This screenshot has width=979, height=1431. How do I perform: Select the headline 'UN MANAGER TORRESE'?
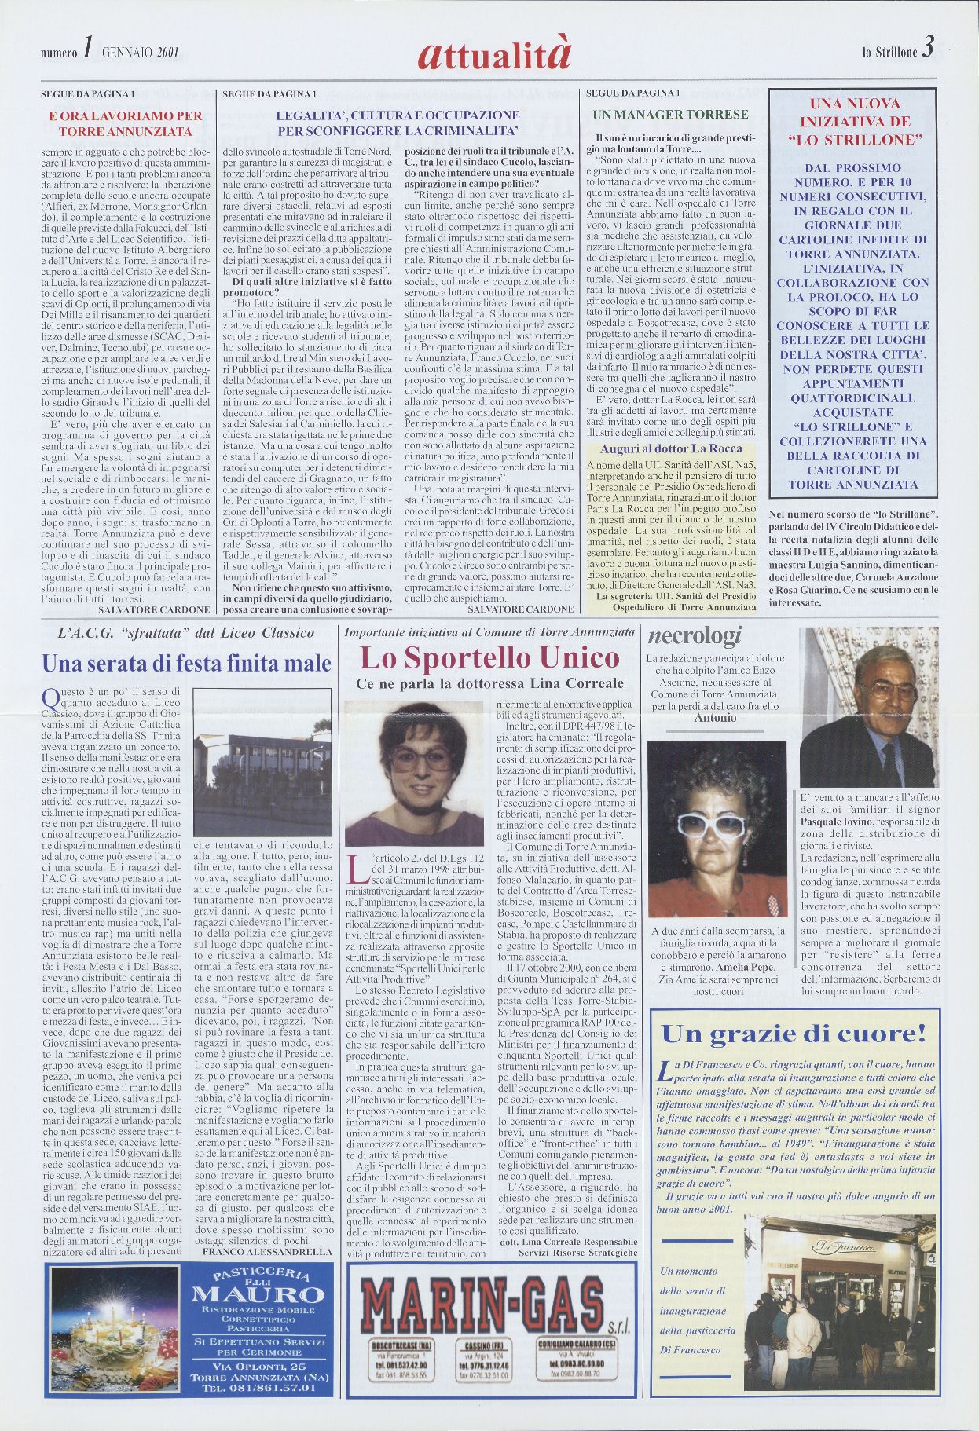(x=670, y=115)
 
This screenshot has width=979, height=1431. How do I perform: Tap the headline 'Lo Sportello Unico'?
(x=489, y=657)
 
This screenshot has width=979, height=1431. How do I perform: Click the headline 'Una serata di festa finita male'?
(x=186, y=664)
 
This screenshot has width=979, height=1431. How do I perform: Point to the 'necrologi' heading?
(x=692, y=637)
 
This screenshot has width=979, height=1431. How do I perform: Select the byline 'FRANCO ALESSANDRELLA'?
(x=267, y=1251)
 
